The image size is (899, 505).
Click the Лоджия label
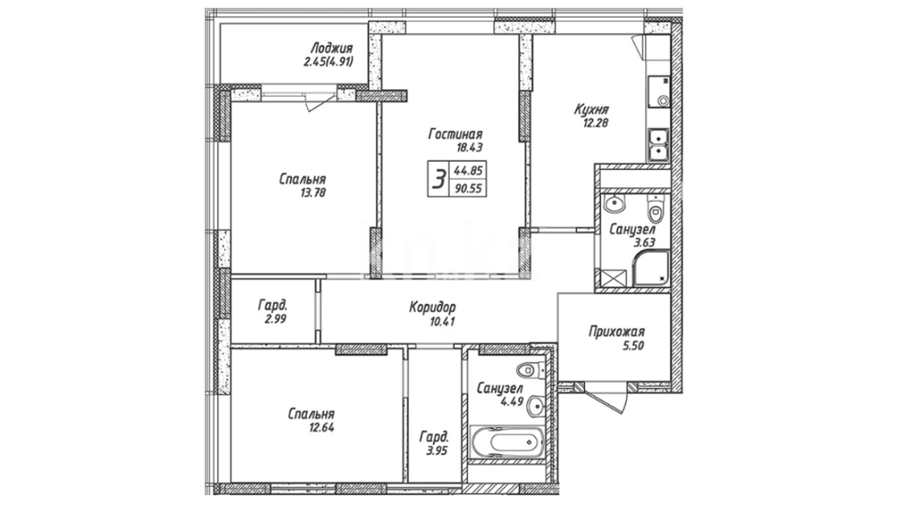[x=332, y=48]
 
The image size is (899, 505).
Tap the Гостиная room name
[x=455, y=135]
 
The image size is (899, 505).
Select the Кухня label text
[x=591, y=110]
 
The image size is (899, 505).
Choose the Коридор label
[x=432, y=308]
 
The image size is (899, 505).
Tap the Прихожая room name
[x=617, y=332]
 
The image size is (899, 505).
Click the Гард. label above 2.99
[x=273, y=306]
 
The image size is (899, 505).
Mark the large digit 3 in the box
[x=438, y=179]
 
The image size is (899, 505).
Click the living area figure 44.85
[x=467, y=171]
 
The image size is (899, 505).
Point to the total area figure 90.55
[x=467, y=189]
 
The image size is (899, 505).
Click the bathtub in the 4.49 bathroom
[x=506, y=442]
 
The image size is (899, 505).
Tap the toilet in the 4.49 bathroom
[x=530, y=371]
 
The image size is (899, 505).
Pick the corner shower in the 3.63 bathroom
[x=651, y=268]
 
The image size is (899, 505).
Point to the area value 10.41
[x=442, y=322]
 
